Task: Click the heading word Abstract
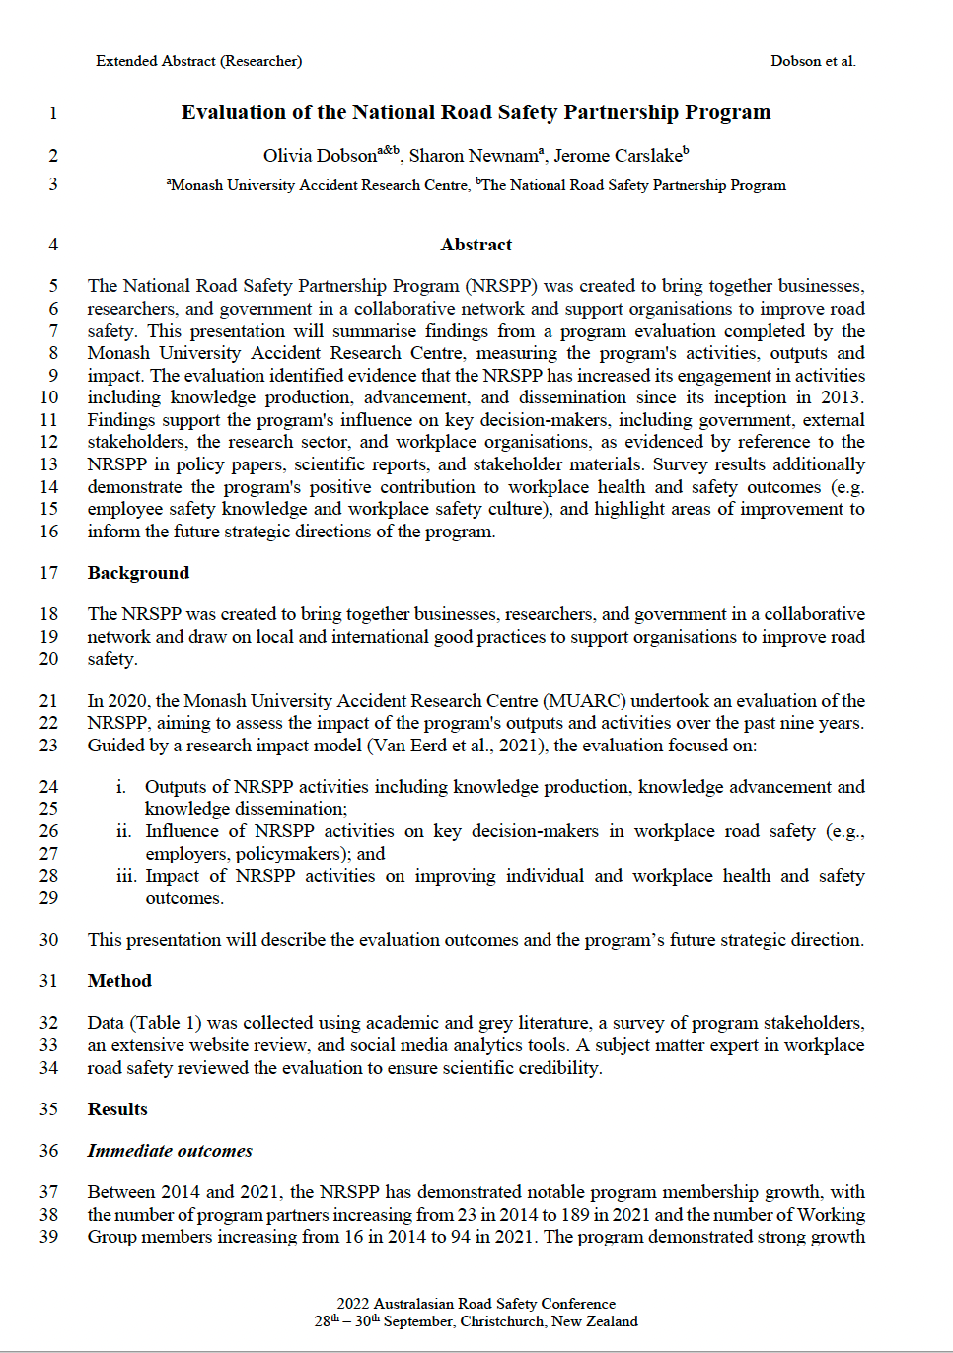pos(476,245)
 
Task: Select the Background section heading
pos(138,573)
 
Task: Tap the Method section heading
pos(119,981)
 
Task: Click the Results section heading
pos(117,1109)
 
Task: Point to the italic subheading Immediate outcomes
pos(170,1151)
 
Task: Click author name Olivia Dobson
pos(320,156)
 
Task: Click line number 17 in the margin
pos(49,573)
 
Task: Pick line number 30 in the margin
pos(49,940)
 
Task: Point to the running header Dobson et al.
pos(813,61)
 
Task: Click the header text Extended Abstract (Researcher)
pos(198,61)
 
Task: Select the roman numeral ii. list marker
pos(123,831)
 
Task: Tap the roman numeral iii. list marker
pos(125,876)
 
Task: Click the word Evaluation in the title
pos(233,112)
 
